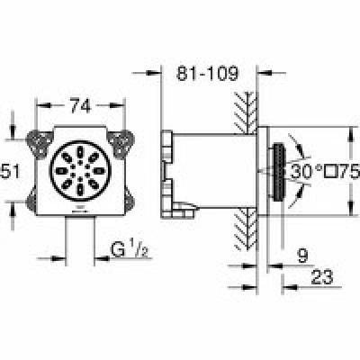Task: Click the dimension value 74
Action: pyautogui.click(x=80, y=106)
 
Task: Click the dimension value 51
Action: pyautogui.click(x=10, y=172)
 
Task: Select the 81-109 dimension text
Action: pyautogui.click(x=207, y=73)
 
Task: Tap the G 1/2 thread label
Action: pyautogui.click(x=130, y=249)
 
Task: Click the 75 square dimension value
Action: pyautogui.click(x=349, y=172)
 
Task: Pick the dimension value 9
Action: pyautogui.click(x=302, y=256)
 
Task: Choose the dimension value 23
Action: pyautogui.click(x=322, y=276)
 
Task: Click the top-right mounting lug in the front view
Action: pyautogui.click(x=121, y=143)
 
